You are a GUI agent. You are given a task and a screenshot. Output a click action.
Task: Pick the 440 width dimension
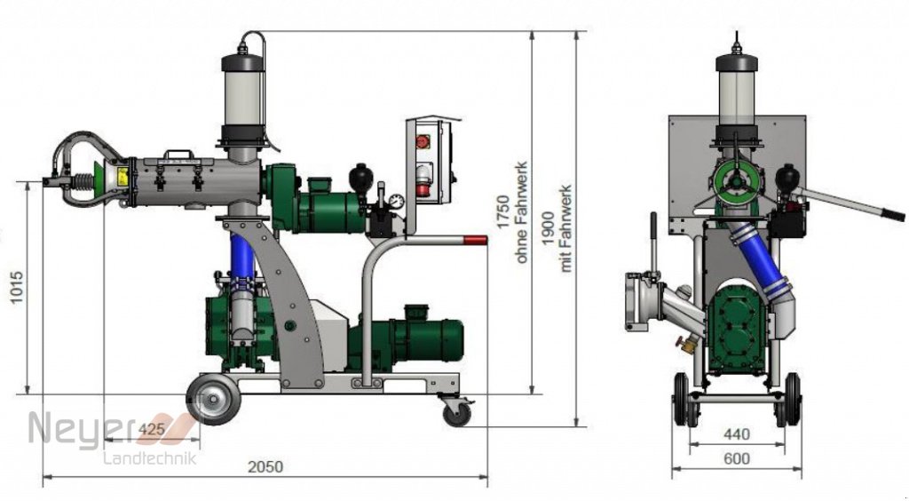click(x=736, y=434)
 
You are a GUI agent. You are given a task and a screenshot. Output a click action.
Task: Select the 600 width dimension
click(x=736, y=458)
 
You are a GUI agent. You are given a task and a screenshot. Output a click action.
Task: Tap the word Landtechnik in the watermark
click(x=150, y=458)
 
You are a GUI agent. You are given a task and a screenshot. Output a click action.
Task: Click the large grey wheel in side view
click(x=213, y=400)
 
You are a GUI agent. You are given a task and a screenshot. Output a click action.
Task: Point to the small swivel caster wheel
click(x=458, y=412)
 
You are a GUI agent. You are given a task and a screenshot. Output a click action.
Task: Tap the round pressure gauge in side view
click(x=396, y=201)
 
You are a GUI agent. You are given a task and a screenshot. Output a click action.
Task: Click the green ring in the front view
click(x=737, y=181)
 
